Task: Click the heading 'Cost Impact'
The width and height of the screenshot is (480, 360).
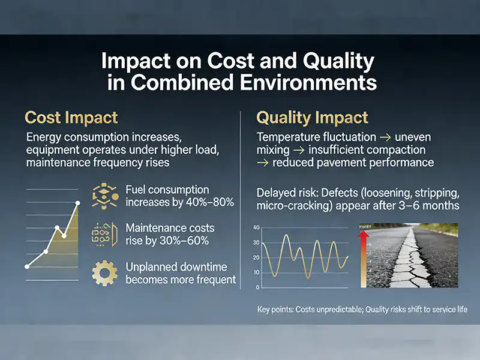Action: [x=71, y=117]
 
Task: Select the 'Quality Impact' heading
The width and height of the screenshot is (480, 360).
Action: [x=312, y=117]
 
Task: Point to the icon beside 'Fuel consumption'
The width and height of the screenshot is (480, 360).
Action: [x=104, y=197]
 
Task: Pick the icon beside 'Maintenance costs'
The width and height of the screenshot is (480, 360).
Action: [x=104, y=234]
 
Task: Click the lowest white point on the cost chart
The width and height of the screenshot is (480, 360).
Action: [x=26, y=266]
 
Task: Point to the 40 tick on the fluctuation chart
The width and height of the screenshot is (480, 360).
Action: [x=256, y=228]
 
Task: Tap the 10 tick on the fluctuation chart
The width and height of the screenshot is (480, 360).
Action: [x=256, y=272]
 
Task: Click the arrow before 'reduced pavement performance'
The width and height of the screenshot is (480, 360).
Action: [x=262, y=162]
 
